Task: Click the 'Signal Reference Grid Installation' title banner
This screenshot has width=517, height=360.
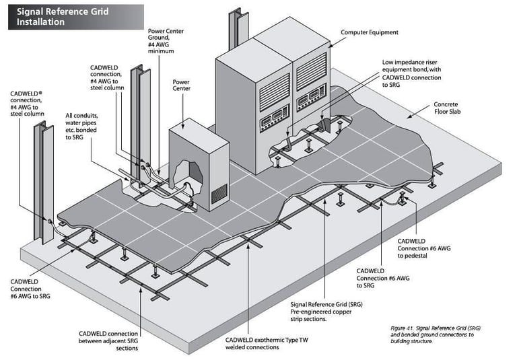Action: coord(76,17)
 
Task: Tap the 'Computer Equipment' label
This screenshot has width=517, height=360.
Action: coord(370,32)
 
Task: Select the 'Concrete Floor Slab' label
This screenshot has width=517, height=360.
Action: coord(447,108)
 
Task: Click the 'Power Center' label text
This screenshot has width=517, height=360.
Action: coord(181,85)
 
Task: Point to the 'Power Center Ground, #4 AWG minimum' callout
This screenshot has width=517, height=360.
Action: coord(166,41)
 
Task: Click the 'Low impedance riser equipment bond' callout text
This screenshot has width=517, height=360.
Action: coord(411,73)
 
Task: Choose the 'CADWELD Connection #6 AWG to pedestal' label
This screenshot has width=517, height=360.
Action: coord(423,248)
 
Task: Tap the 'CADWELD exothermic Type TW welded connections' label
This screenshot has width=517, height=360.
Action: coord(267,344)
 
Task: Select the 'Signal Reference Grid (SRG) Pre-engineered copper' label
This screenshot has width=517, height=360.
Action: coord(326,312)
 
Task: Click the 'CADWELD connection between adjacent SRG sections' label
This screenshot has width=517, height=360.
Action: coord(108,341)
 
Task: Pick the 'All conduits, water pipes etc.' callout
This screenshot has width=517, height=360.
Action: coord(81,127)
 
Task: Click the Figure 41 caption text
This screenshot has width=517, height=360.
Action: coord(436,334)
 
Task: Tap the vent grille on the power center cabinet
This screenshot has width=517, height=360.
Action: coord(219,194)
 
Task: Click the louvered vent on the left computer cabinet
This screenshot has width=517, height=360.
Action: coord(275,92)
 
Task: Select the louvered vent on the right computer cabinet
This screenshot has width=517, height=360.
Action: coord(311,71)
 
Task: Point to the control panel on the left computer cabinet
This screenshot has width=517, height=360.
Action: coord(275,118)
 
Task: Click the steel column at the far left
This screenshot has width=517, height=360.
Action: coord(44,183)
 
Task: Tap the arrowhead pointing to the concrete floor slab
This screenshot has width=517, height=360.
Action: coord(409,116)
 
